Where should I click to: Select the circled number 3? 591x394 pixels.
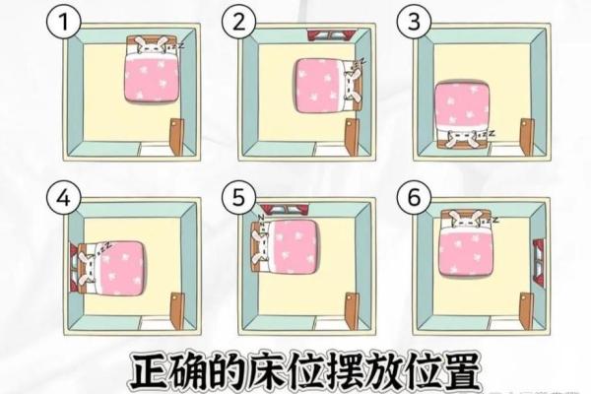point(414,22)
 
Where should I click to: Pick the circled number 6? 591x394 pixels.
point(414,198)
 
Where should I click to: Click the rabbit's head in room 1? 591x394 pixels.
point(149,45)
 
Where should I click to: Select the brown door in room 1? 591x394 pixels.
point(176,137)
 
